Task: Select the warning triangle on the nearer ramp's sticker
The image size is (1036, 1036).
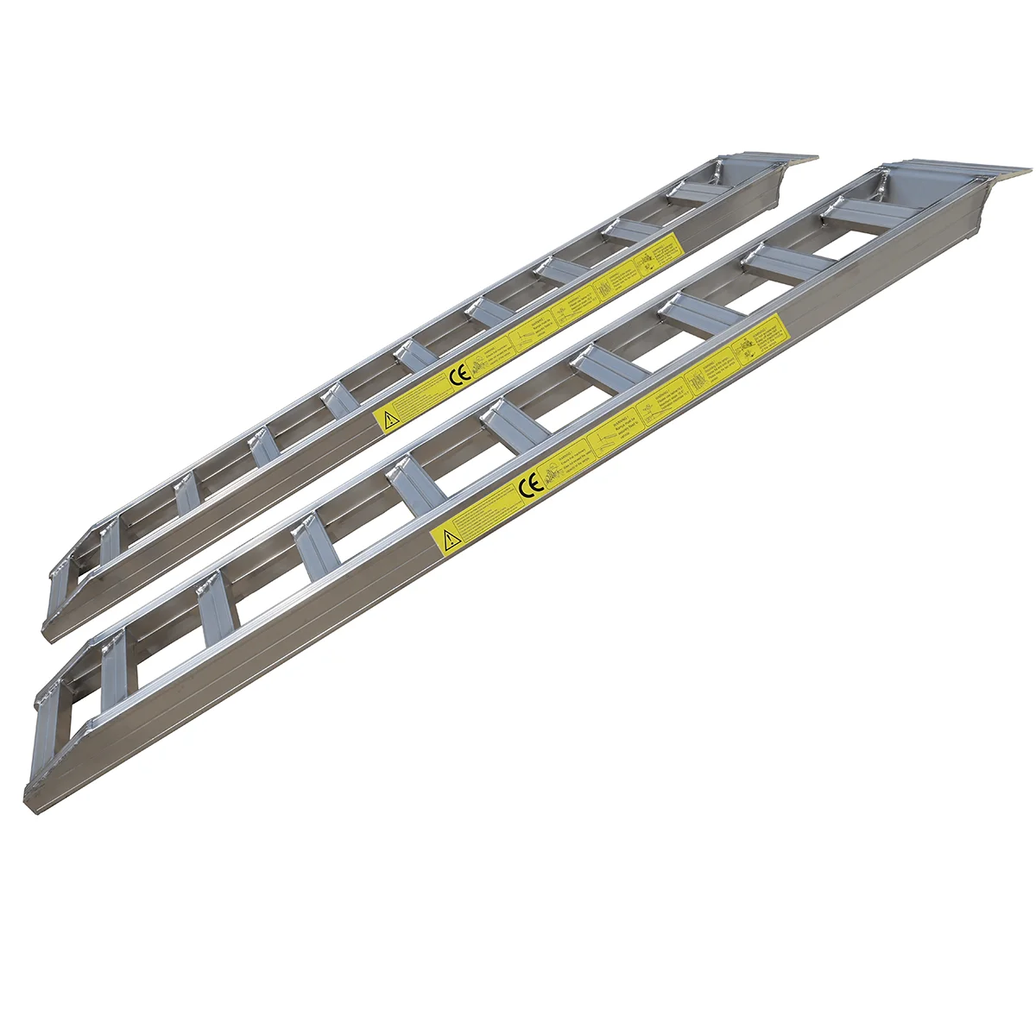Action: tap(448, 541)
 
